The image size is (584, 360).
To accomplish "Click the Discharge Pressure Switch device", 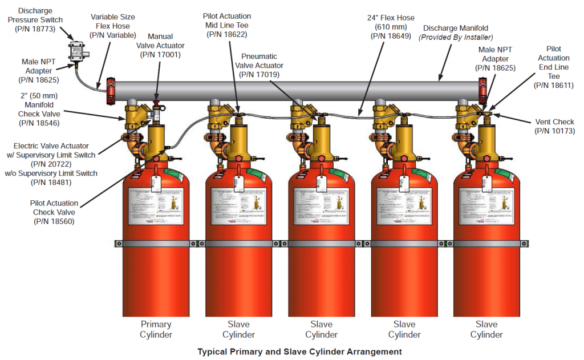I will point(76,50).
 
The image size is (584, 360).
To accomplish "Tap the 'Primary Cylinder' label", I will point(156,329).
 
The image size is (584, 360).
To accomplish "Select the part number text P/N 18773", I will point(35,29).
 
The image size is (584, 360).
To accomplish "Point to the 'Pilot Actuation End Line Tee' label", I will point(553,62).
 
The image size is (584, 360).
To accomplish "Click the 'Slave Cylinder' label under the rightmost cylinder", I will point(486,329).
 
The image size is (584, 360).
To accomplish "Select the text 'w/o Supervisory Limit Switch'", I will point(51,173).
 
